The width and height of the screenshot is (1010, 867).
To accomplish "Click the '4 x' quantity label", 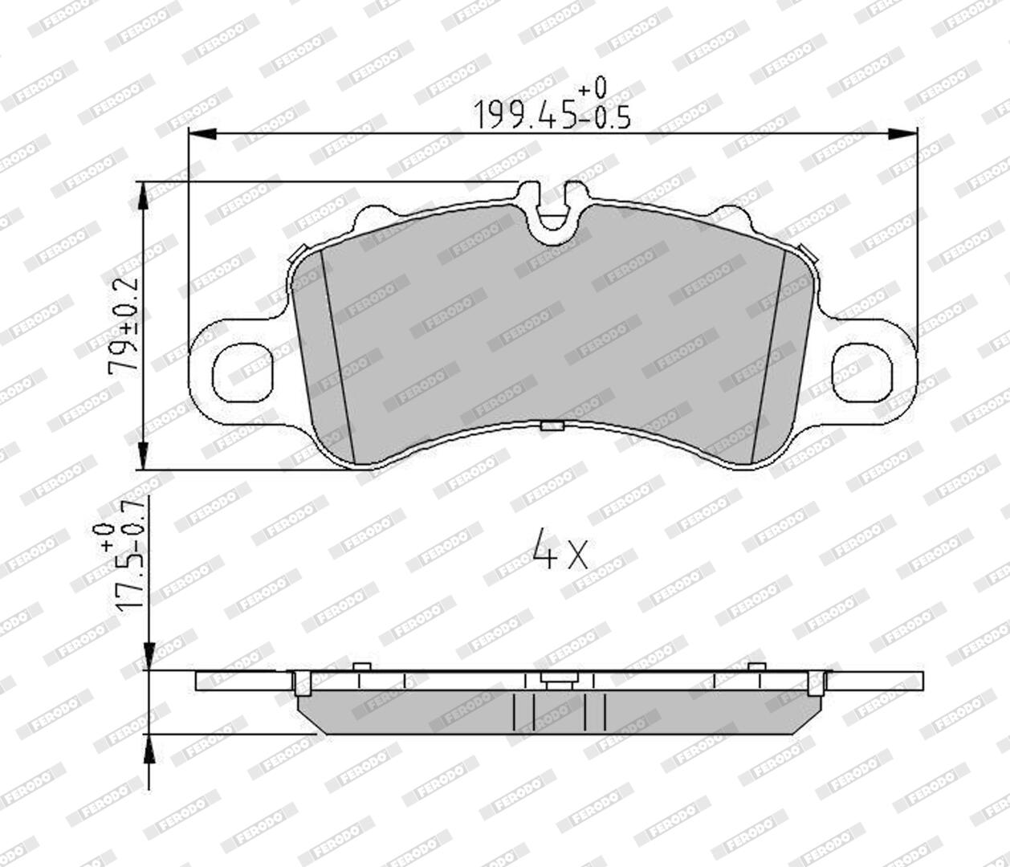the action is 560,549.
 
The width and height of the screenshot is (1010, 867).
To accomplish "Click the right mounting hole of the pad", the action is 862,373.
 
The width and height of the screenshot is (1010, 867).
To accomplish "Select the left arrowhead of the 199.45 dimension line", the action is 202,133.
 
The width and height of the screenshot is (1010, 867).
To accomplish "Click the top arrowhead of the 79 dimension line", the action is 143,197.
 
